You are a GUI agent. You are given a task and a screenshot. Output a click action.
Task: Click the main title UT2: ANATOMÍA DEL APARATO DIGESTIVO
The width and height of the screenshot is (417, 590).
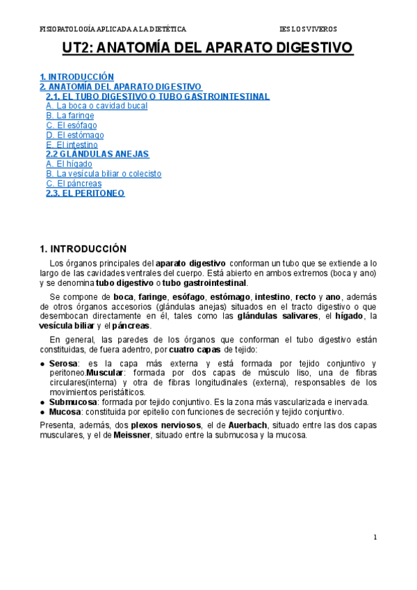click(208, 48)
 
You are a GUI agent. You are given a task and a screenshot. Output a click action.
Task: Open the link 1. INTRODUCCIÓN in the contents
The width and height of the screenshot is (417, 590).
click(76, 77)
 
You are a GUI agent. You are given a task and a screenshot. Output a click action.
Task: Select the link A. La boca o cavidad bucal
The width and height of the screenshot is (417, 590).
click(97, 106)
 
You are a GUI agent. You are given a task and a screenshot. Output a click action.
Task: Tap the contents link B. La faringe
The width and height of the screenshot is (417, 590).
click(70, 115)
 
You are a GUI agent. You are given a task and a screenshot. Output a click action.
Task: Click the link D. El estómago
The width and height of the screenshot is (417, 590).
click(75, 135)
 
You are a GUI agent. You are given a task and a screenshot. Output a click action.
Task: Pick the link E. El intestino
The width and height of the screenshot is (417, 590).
click(72, 145)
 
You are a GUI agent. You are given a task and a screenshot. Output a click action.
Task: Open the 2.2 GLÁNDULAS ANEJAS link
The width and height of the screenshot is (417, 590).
click(97, 154)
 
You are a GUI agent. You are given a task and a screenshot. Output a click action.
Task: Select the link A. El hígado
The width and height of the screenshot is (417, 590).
click(69, 164)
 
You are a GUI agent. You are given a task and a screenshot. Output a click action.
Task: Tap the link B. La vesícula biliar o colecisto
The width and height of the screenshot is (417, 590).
click(104, 173)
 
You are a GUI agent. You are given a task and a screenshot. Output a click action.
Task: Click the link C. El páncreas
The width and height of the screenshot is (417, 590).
click(73, 183)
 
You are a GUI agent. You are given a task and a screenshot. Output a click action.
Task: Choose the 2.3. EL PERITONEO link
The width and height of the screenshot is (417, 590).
click(85, 193)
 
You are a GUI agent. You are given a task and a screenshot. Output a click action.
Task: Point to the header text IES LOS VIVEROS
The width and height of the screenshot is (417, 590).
click(307, 29)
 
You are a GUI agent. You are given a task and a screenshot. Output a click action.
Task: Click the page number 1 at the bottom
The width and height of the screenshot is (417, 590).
click(375, 537)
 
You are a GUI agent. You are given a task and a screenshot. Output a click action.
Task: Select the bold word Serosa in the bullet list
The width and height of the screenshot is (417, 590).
click(65, 364)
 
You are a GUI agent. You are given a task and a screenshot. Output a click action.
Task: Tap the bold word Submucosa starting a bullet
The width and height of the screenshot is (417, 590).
click(73, 402)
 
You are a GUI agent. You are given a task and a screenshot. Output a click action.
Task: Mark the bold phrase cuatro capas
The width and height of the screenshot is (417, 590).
click(195, 349)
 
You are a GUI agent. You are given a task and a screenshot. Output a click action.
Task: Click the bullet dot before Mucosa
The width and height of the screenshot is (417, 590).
click(43, 412)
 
